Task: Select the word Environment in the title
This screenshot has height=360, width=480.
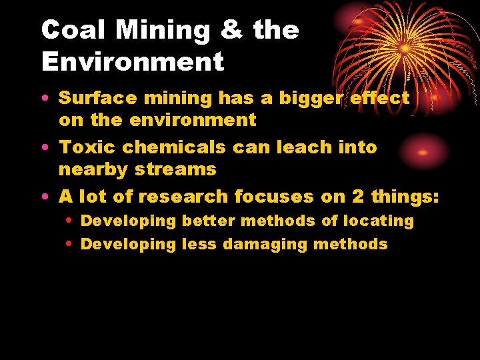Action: pos(132,62)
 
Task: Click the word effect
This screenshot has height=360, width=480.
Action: pos(381,98)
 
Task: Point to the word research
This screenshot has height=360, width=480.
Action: pos(187,196)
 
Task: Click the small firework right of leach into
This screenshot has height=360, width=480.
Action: pos(421,152)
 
